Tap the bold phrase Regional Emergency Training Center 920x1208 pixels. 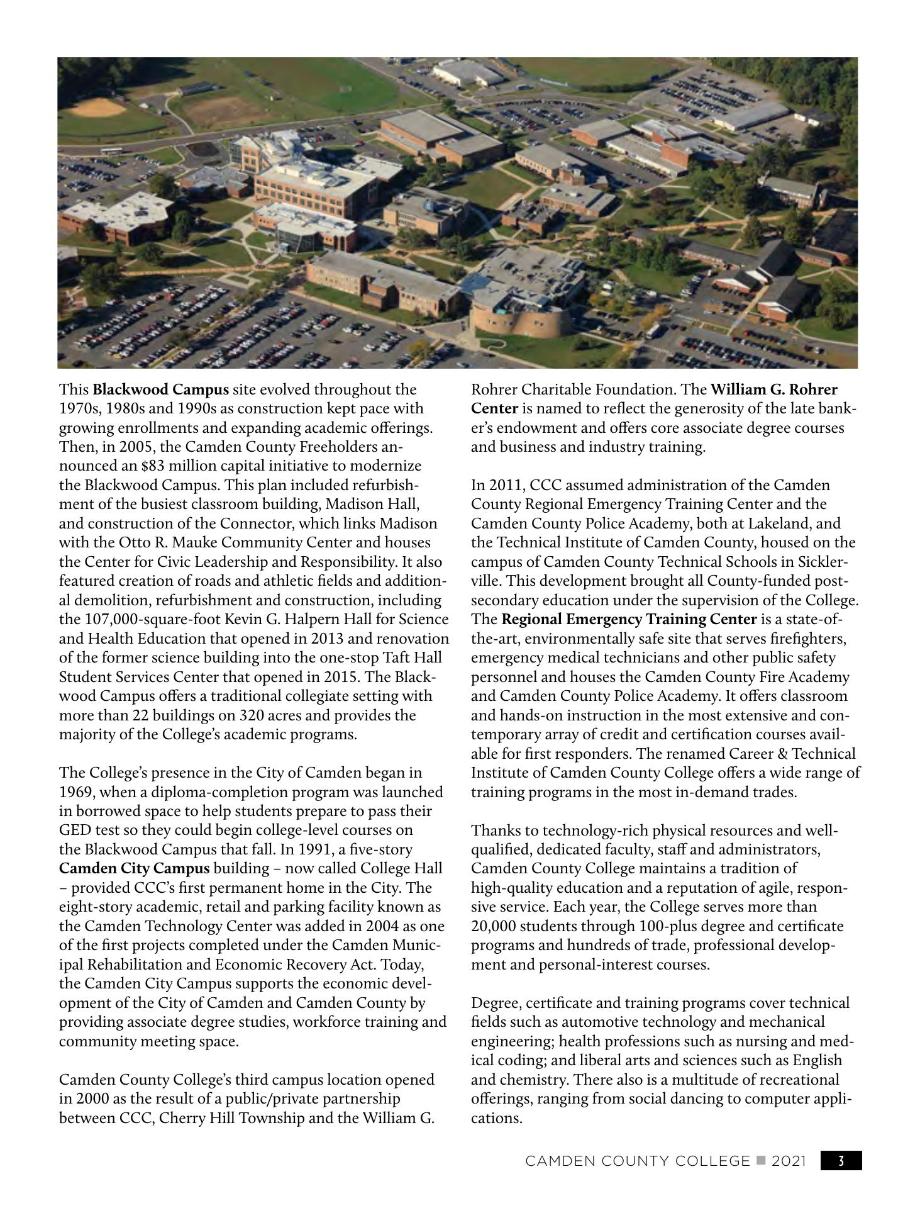[x=629, y=619]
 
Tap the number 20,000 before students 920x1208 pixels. [x=492, y=926]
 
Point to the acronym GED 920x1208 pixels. [x=73, y=830]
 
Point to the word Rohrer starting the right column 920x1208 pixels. [x=494, y=390]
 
